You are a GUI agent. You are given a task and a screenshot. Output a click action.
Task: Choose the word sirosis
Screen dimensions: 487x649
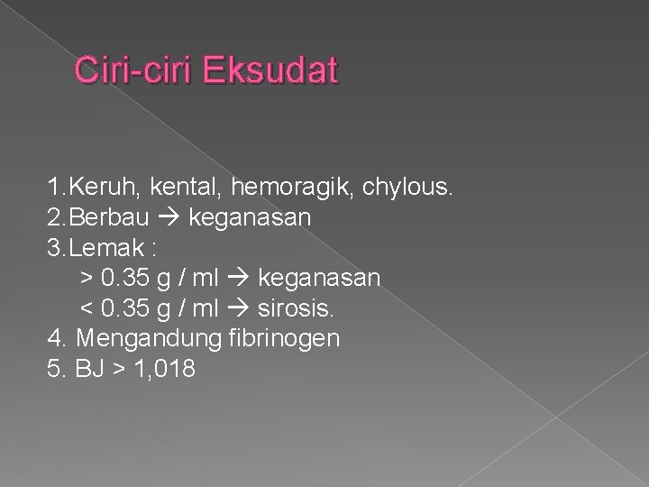point(297,308)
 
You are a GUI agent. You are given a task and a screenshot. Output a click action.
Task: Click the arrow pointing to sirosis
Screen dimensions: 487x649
point(242,308)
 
